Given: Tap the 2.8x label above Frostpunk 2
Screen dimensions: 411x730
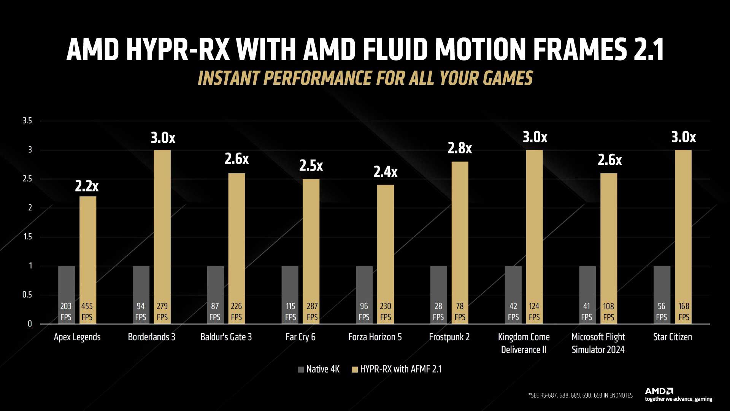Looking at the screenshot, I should [x=459, y=148].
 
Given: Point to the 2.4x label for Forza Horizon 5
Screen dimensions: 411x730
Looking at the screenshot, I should [x=385, y=172].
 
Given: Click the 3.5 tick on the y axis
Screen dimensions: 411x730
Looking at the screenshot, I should [x=27, y=121].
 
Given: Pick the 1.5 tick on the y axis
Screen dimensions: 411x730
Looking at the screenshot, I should [x=27, y=237].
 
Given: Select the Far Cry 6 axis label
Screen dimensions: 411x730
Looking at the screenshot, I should [x=300, y=337].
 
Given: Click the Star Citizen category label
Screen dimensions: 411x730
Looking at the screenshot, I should [x=672, y=337].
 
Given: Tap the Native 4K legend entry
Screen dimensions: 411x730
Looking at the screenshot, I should [x=319, y=369].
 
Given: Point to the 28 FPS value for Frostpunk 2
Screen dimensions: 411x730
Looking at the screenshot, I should [x=438, y=312].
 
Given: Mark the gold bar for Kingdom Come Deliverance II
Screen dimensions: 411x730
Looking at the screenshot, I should [x=534, y=228].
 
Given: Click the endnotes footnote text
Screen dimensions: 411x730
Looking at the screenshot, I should [x=580, y=396].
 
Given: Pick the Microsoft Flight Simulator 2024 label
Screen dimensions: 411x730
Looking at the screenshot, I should [x=598, y=343].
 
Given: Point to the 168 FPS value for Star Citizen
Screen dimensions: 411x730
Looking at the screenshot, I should [x=684, y=312].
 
